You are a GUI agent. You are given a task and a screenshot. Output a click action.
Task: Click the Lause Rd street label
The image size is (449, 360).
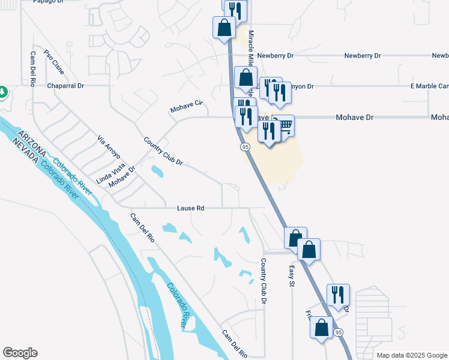191,208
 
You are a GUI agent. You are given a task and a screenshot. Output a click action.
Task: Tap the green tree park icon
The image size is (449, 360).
3,92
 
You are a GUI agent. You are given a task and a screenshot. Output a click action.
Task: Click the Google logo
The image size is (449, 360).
20,353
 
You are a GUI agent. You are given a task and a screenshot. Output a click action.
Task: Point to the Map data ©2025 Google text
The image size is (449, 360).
412,355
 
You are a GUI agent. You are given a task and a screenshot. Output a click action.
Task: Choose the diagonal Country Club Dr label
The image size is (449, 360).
163,152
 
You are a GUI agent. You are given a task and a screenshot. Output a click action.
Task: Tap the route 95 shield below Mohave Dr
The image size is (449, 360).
245,147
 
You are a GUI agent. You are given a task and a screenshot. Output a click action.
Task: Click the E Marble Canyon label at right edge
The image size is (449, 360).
429,86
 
